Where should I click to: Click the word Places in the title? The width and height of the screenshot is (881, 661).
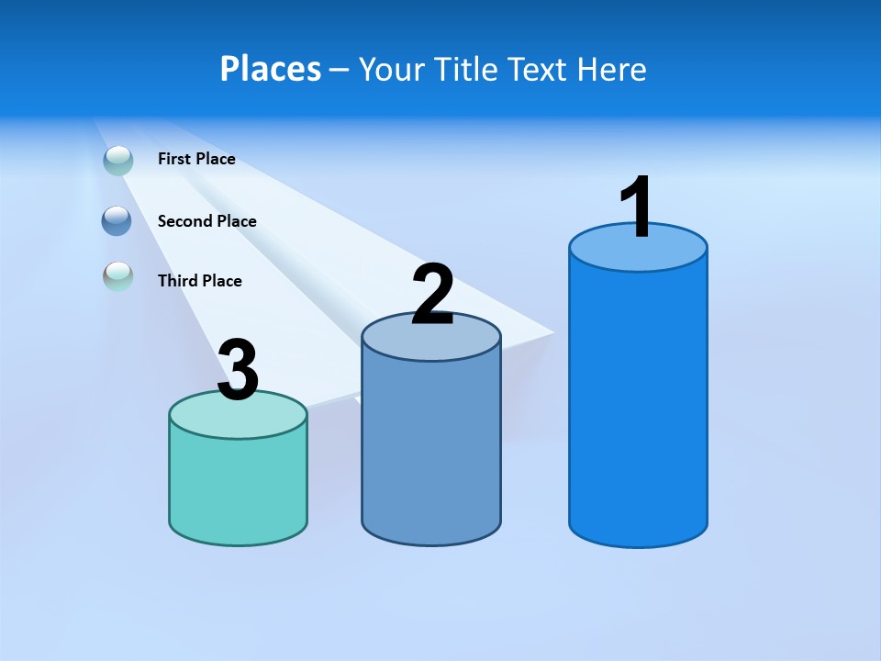click(x=271, y=69)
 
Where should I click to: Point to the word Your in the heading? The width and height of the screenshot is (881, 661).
click(x=392, y=69)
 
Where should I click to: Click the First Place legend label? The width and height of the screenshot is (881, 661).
click(x=196, y=159)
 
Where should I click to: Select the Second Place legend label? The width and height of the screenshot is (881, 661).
click(x=206, y=221)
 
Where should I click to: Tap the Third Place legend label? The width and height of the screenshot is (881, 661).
click(x=199, y=281)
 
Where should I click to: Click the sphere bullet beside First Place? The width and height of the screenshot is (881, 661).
click(x=118, y=160)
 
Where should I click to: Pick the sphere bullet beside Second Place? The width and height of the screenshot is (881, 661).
click(x=117, y=220)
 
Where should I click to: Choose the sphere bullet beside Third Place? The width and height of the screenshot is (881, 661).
click(x=117, y=276)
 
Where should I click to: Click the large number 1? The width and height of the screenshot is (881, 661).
click(x=637, y=208)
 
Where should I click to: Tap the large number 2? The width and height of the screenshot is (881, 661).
click(x=432, y=295)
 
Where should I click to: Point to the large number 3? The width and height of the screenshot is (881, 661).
click(x=238, y=371)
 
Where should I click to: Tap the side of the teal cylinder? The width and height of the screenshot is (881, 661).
click(x=238, y=487)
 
